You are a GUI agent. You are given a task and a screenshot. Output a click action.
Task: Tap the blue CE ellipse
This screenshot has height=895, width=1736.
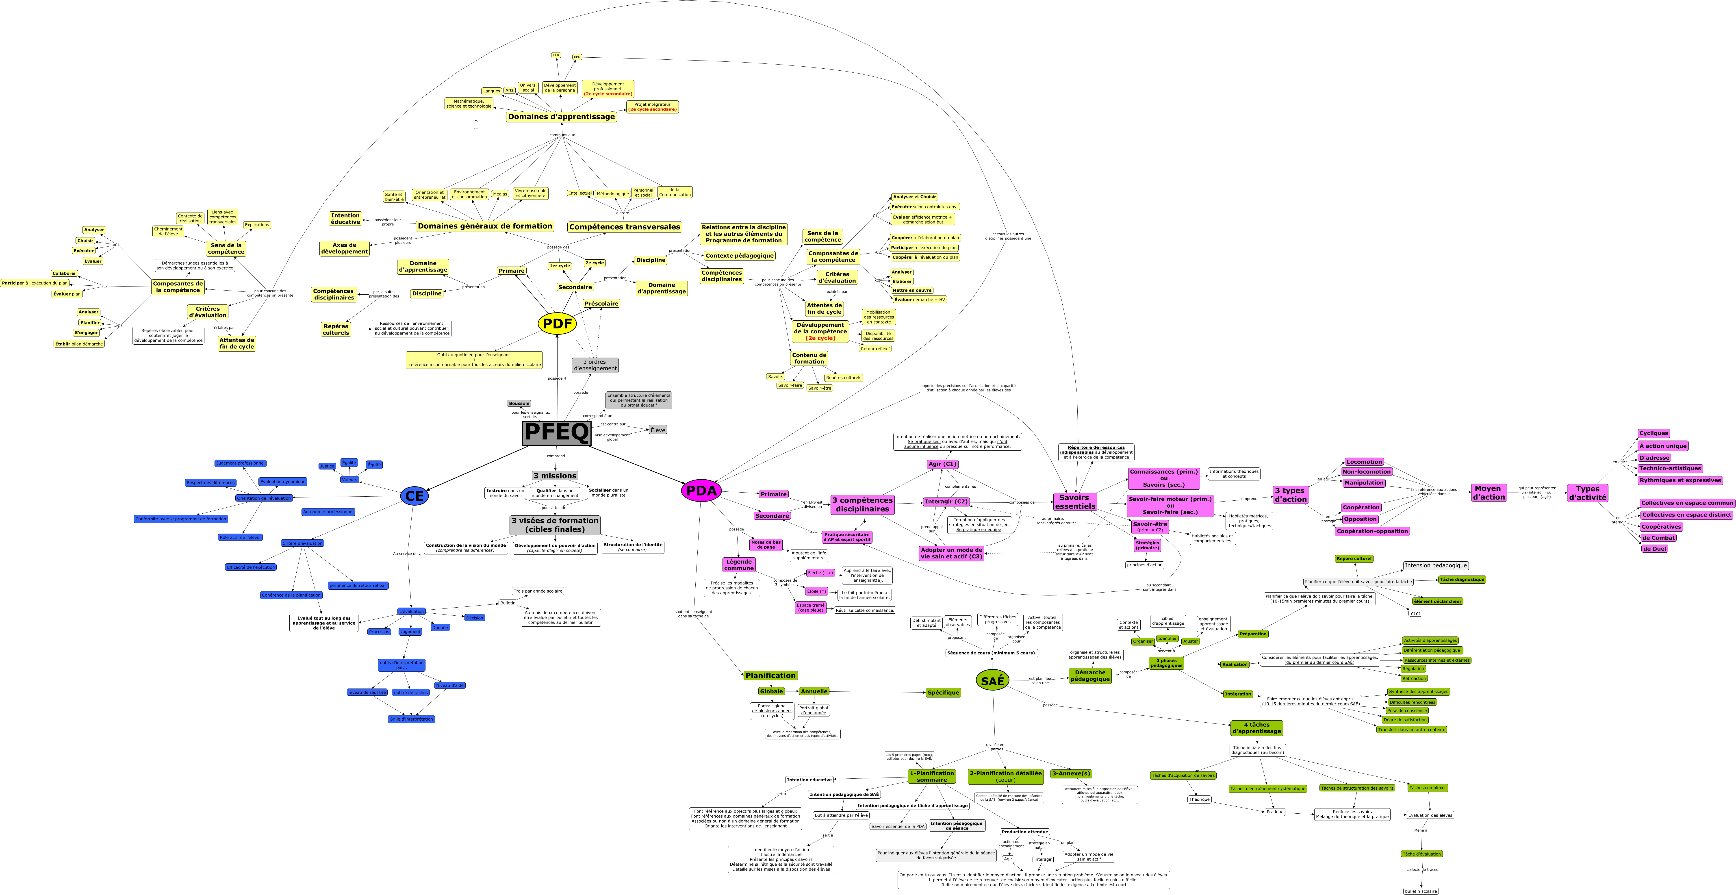pyautogui.click(x=414, y=496)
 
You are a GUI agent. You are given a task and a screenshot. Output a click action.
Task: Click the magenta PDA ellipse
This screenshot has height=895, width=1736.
pyautogui.click(x=701, y=491)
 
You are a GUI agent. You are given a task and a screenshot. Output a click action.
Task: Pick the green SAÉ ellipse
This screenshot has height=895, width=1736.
pyautogui.click(x=992, y=681)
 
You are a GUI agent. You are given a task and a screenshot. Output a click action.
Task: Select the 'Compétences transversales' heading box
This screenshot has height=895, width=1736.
pyautogui.click(x=624, y=227)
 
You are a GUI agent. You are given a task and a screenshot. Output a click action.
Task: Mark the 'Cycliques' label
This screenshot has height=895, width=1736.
pyautogui.click(x=1653, y=433)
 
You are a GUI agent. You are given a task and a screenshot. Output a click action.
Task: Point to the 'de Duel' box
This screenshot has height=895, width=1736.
pyautogui.click(x=1654, y=549)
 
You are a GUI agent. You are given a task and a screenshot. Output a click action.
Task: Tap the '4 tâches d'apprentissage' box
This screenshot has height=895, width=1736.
pyautogui.click(x=1256, y=728)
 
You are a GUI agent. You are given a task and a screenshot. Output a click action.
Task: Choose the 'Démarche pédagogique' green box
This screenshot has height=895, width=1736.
pyautogui.click(x=1090, y=675)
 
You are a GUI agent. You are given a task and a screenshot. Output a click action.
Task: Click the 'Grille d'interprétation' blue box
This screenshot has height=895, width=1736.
pyautogui.click(x=411, y=719)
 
